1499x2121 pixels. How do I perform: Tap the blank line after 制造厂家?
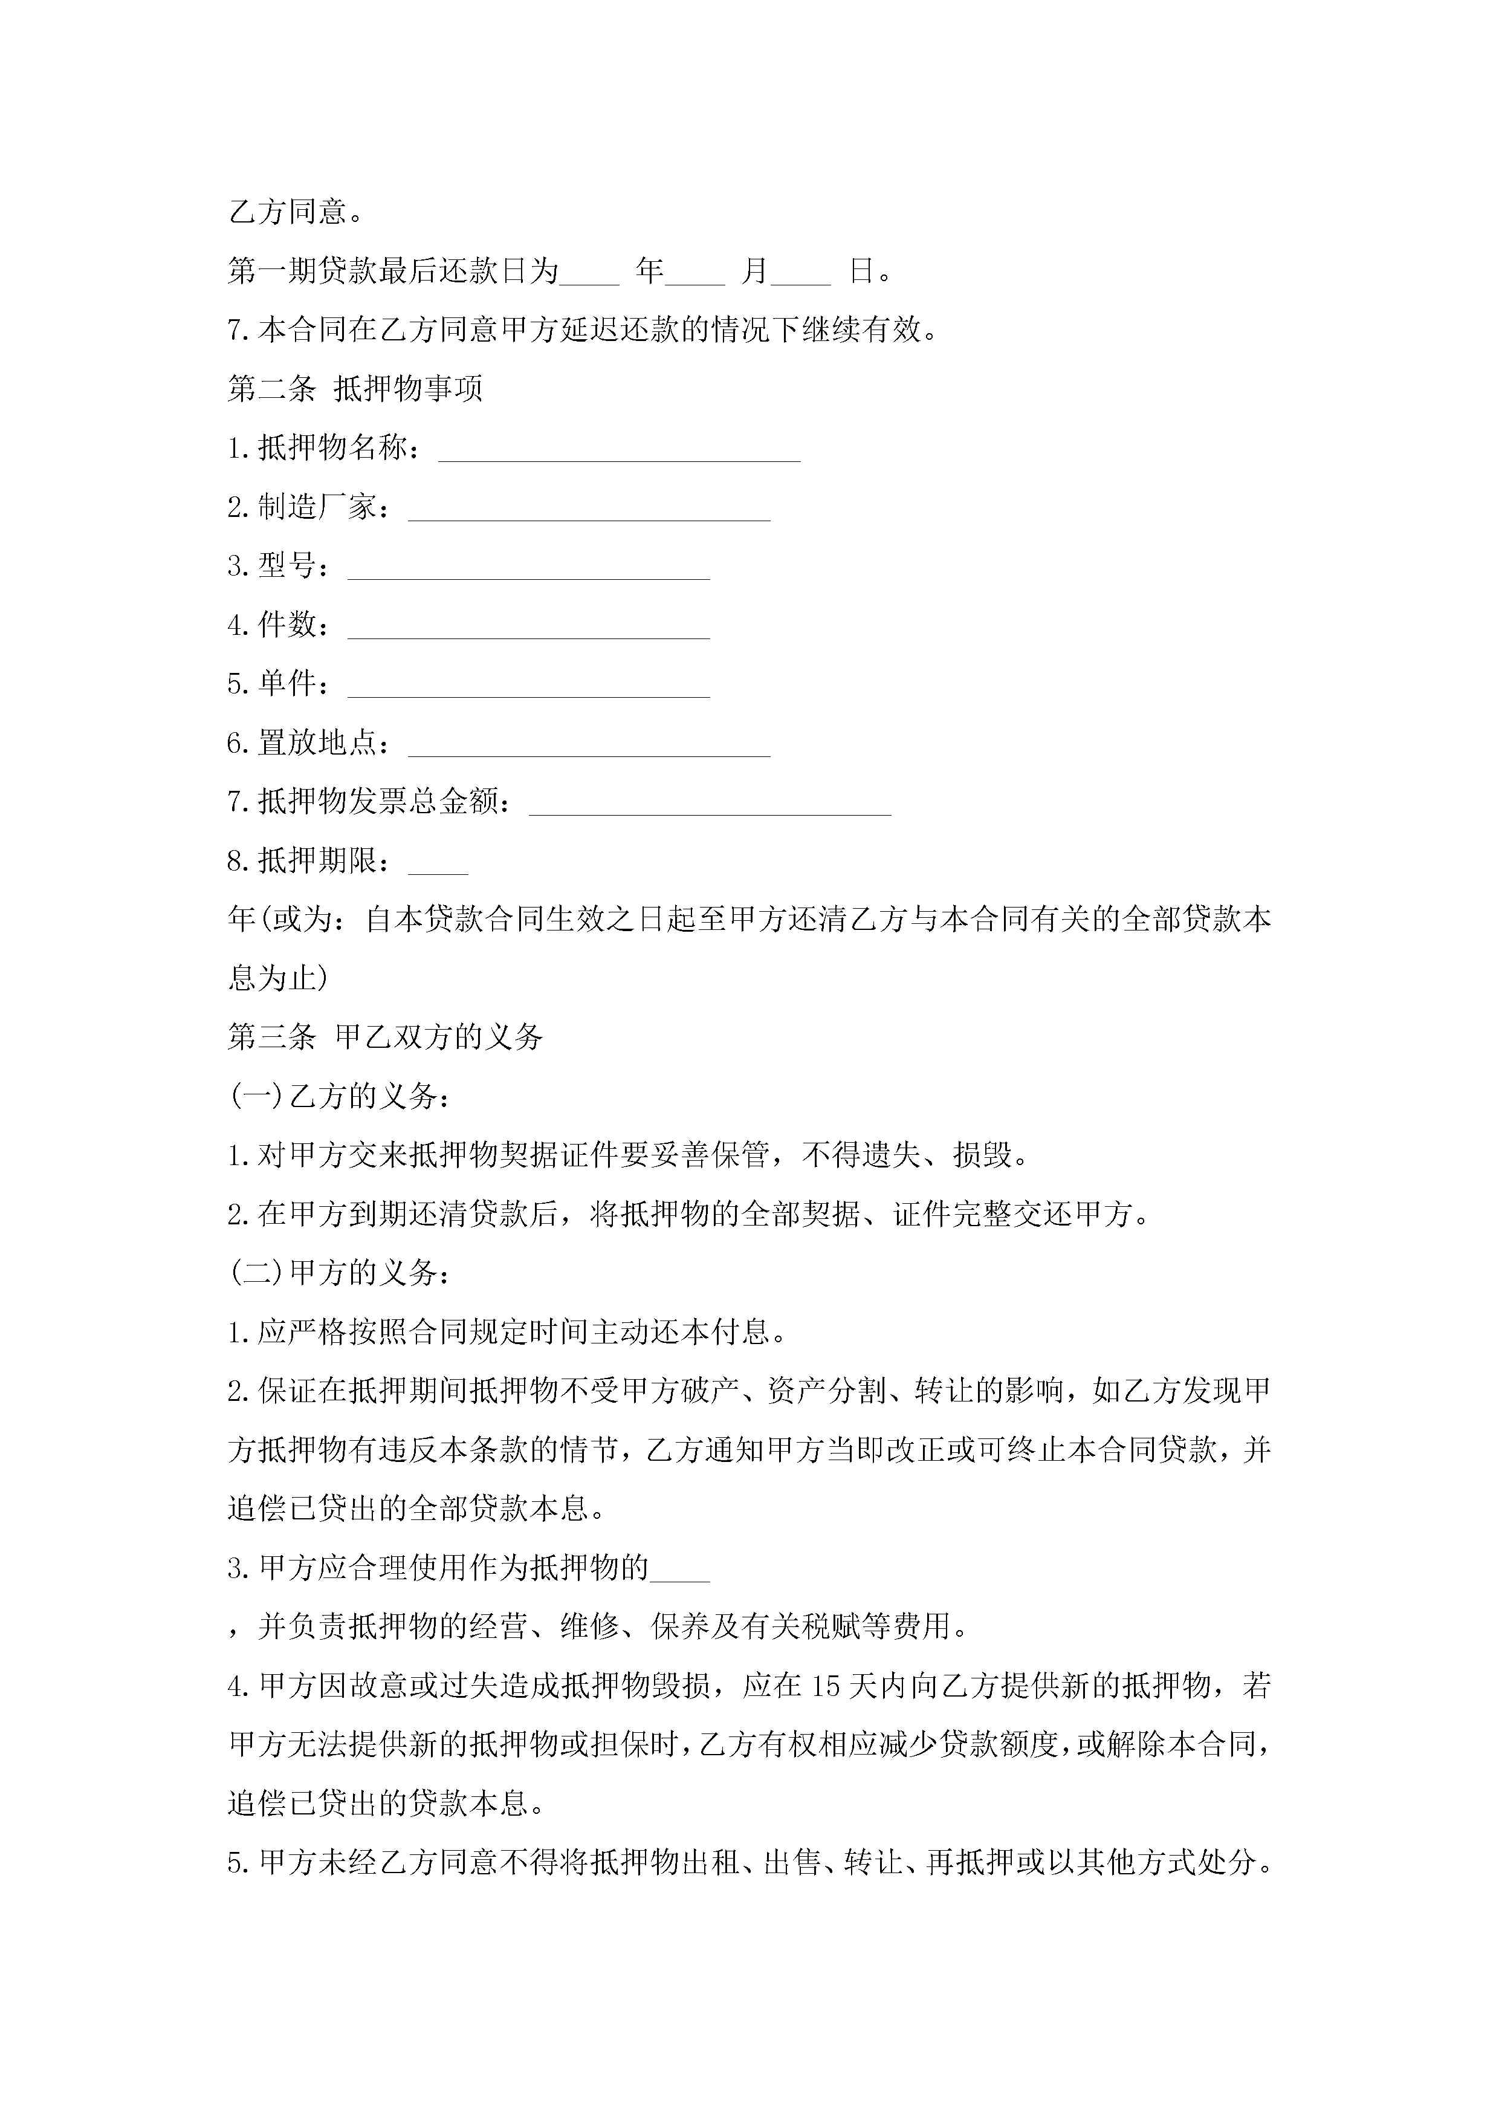pyautogui.click(x=589, y=511)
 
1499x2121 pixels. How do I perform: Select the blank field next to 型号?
pyautogui.click(x=528, y=570)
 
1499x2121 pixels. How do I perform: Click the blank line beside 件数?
pyautogui.click(x=528, y=629)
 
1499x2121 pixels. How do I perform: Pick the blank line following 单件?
pyautogui.click(x=528, y=688)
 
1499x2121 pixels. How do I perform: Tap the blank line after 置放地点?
pyautogui.click(x=589, y=747)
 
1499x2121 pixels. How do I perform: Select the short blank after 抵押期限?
pyautogui.click(x=438, y=865)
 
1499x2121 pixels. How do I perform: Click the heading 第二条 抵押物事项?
pyautogui.click(x=355, y=389)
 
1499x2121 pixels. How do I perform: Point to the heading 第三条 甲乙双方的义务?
pyautogui.click(x=385, y=1038)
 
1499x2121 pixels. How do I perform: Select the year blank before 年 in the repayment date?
pyautogui.click(x=589, y=273)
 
